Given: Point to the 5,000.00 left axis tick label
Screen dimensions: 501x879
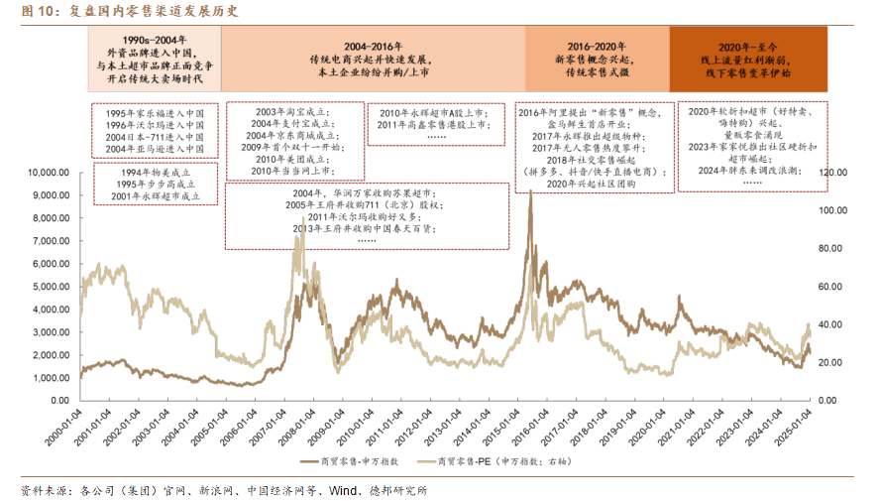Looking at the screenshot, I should pyautogui.click(x=50, y=287).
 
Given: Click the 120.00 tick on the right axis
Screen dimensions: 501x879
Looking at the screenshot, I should pyautogui.click(x=831, y=172).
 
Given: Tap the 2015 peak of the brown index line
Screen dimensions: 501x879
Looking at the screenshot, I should pyautogui.click(x=531, y=192).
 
